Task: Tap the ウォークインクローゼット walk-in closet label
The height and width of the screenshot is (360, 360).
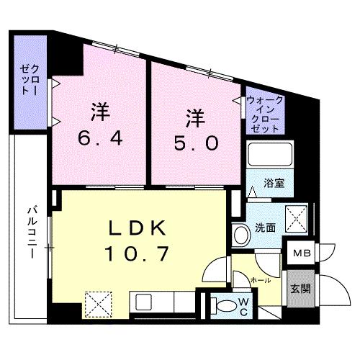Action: pos(265,114)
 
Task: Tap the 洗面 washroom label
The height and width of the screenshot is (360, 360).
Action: pos(266,228)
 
